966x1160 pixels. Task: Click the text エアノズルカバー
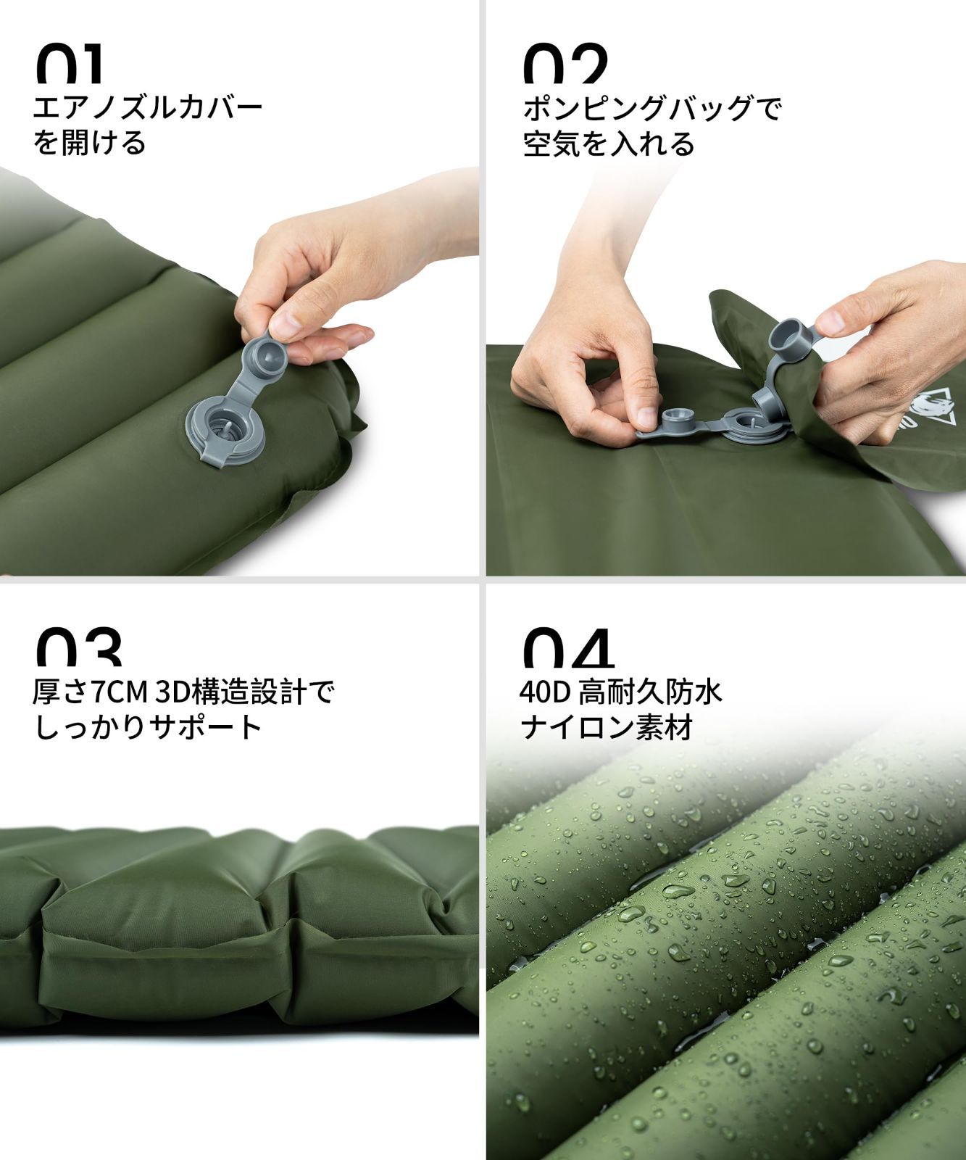(148, 109)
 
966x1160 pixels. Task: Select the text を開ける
(90, 143)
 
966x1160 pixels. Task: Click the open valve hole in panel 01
(222, 430)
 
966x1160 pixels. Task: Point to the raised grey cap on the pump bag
(789, 339)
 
